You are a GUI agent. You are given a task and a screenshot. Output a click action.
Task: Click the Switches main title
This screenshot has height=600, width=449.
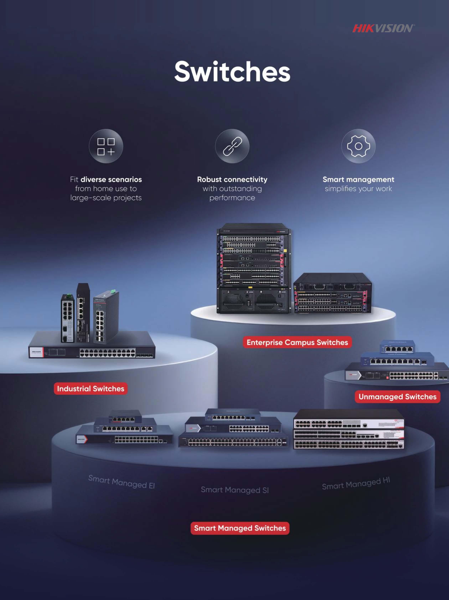coord(232,71)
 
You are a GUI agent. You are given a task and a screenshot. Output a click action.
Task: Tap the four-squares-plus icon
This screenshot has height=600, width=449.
coord(106,146)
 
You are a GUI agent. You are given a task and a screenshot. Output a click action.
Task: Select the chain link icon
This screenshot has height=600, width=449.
coord(232,146)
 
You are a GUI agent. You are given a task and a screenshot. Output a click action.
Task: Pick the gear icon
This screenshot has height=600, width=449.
coord(358,146)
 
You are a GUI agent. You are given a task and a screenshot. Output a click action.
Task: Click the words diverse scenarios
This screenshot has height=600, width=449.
coord(111,180)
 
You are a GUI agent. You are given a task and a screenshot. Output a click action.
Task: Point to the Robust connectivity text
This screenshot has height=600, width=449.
coord(232,180)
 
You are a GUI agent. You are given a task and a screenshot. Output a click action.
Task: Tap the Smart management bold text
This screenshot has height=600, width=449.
coord(358,180)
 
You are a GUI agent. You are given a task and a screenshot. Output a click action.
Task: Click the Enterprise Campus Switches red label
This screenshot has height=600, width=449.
coord(297,342)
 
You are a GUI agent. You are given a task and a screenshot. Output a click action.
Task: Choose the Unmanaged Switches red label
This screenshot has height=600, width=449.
coord(398,397)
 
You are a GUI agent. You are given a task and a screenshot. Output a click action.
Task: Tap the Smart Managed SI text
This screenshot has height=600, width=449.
coord(235,490)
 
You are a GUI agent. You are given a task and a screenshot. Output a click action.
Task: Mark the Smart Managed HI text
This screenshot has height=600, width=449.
coord(356,484)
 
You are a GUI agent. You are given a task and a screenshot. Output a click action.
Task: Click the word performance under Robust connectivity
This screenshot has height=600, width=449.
coord(232,198)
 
